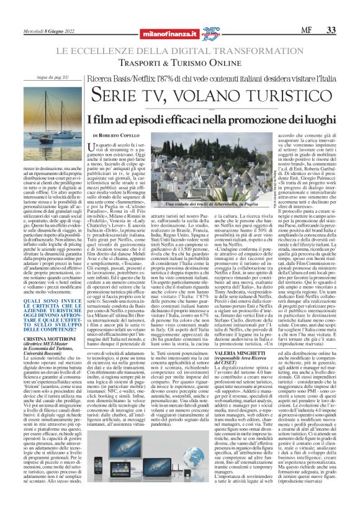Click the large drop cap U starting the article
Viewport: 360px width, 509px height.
pyautogui.click(x=101, y=147)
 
